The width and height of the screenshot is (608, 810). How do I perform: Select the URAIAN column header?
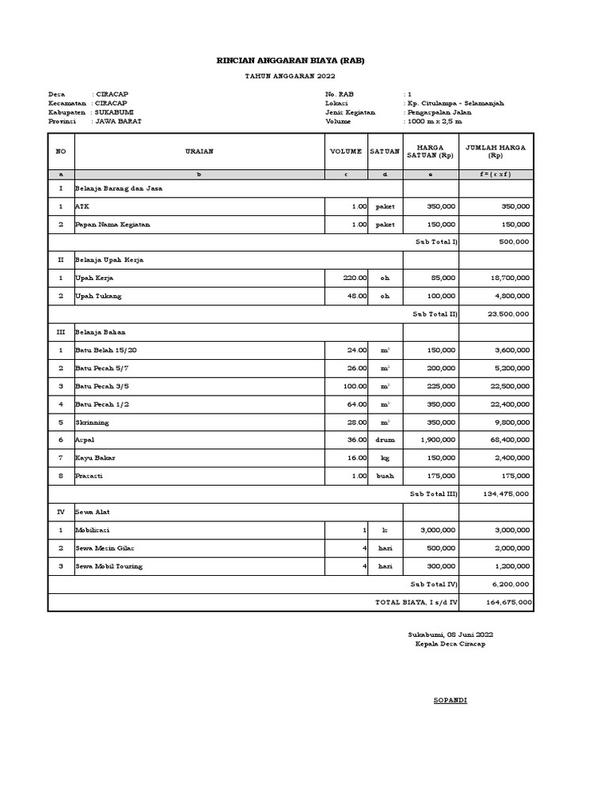199,150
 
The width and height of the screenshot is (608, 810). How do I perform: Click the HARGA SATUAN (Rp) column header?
431,150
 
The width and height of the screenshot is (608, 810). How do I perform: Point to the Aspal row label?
84,439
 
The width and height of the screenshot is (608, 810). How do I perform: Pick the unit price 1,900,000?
436,439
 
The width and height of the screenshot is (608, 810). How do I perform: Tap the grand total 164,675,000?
507,602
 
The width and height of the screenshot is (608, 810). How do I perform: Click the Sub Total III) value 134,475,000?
507,494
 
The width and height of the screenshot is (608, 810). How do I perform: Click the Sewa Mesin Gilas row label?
105,547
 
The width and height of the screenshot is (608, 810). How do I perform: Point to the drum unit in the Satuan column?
385,439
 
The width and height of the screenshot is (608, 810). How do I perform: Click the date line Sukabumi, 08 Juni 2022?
450,634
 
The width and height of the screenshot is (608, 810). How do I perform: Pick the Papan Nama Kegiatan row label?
112,225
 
